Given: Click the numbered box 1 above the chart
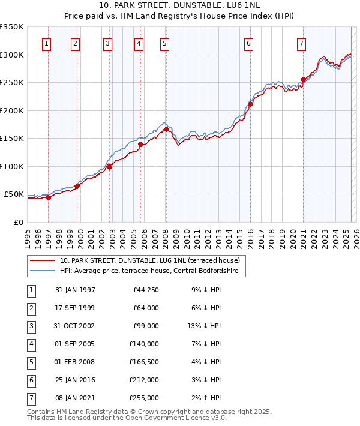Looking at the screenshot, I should click(47, 43).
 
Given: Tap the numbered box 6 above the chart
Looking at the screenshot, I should click(248, 43).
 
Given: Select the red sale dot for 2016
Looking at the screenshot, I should click(251, 104).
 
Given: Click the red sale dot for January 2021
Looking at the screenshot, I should click(303, 79).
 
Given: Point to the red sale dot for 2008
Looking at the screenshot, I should click(166, 129).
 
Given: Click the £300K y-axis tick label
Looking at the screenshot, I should click(12, 55).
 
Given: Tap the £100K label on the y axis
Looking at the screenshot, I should click(12, 166).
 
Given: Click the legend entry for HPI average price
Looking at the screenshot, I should click(149, 271).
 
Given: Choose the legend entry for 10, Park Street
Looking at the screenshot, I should click(149, 260).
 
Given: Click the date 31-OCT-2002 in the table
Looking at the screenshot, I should click(74, 326).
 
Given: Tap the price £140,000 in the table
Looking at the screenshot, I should click(144, 344).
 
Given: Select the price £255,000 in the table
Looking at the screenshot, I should click(144, 398).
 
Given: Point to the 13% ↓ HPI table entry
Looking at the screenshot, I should click(204, 326).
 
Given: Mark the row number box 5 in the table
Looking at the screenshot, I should click(31, 362).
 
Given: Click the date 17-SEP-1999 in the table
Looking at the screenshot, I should click(74, 308).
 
